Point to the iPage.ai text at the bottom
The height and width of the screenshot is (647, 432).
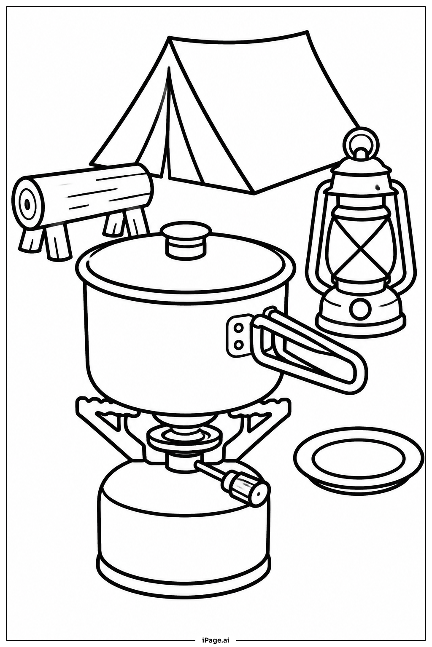216,641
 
